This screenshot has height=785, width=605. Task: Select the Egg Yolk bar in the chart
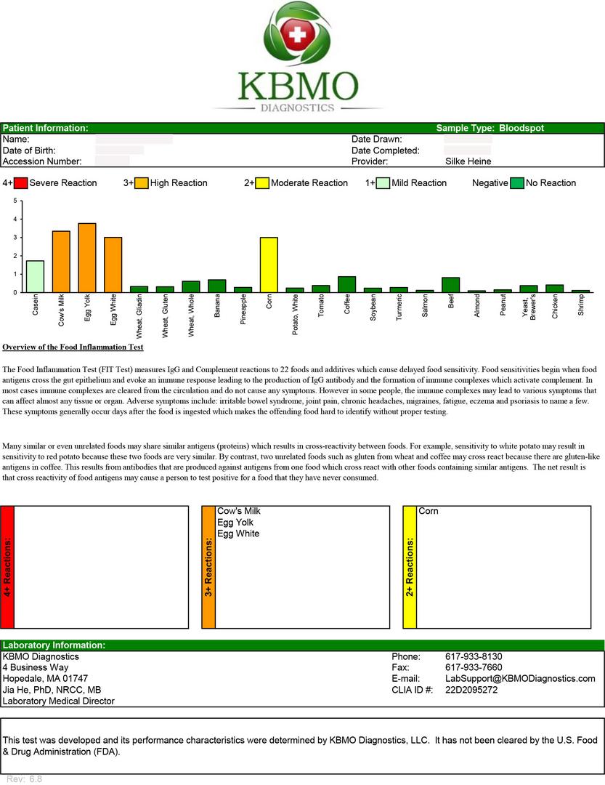(x=87, y=258)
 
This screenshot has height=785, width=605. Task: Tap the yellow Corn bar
(x=269, y=265)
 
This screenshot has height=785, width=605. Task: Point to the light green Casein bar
(x=35, y=276)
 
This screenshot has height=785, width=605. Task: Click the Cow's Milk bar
(x=61, y=262)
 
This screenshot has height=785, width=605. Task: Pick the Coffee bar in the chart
(x=347, y=284)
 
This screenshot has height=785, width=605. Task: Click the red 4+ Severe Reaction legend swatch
(x=20, y=183)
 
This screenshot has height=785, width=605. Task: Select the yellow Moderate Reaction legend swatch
(x=261, y=183)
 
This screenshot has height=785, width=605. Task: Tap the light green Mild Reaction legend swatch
(x=383, y=183)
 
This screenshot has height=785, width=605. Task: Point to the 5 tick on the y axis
(x=16, y=201)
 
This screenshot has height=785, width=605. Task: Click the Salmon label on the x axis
(x=425, y=307)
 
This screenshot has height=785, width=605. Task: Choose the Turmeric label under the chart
(x=399, y=308)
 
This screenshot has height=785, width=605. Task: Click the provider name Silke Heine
(x=468, y=161)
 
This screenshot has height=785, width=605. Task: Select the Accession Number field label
(x=42, y=161)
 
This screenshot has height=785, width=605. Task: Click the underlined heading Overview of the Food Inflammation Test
(x=73, y=347)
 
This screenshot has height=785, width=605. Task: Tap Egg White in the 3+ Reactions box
(x=238, y=534)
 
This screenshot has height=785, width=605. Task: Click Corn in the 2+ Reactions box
(x=429, y=511)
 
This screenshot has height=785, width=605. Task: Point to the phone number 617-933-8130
(x=474, y=656)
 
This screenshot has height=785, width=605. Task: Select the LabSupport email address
(x=520, y=678)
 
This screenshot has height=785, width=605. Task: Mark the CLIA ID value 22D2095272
(x=471, y=690)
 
